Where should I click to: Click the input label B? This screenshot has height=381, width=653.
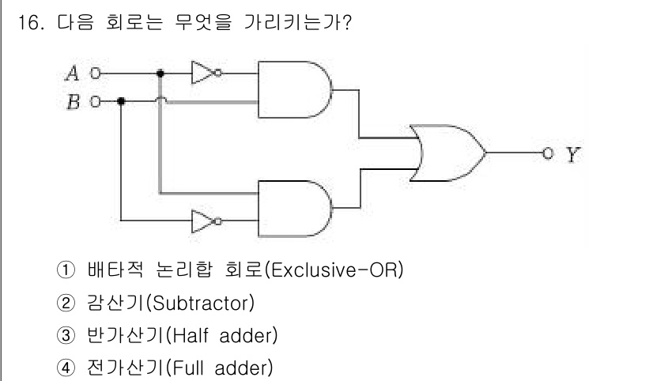[x=72, y=102]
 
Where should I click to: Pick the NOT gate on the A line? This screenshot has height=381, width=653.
[x=204, y=74]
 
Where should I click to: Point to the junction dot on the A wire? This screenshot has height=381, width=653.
[x=160, y=74]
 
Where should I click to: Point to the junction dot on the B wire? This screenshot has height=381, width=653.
[x=120, y=101]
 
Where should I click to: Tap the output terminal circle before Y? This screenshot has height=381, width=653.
[x=545, y=152]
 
